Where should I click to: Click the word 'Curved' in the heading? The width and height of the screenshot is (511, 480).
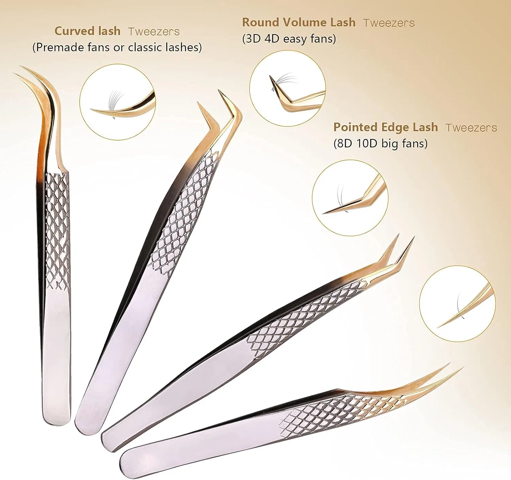tap(71, 31)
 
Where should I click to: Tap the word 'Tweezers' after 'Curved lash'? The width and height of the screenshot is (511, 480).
tap(154, 31)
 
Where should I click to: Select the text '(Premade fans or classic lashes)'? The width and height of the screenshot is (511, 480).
tap(117, 47)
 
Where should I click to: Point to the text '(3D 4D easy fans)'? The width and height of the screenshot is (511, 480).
tap(289, 39)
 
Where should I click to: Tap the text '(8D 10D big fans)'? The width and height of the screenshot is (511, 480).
tap(381, 144)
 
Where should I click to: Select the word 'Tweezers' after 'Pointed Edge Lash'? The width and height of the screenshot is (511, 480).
tap(471, 128)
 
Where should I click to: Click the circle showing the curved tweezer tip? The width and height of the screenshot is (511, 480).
tap(117, 102)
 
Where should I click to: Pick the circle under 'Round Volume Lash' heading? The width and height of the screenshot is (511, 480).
tap(288, 88)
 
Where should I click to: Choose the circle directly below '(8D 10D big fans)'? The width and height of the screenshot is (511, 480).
tap(350, 198)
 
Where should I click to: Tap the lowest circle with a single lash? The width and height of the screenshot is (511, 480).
tap(458, 304)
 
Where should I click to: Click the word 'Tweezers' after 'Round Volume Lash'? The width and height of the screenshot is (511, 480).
tap(389, 23)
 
